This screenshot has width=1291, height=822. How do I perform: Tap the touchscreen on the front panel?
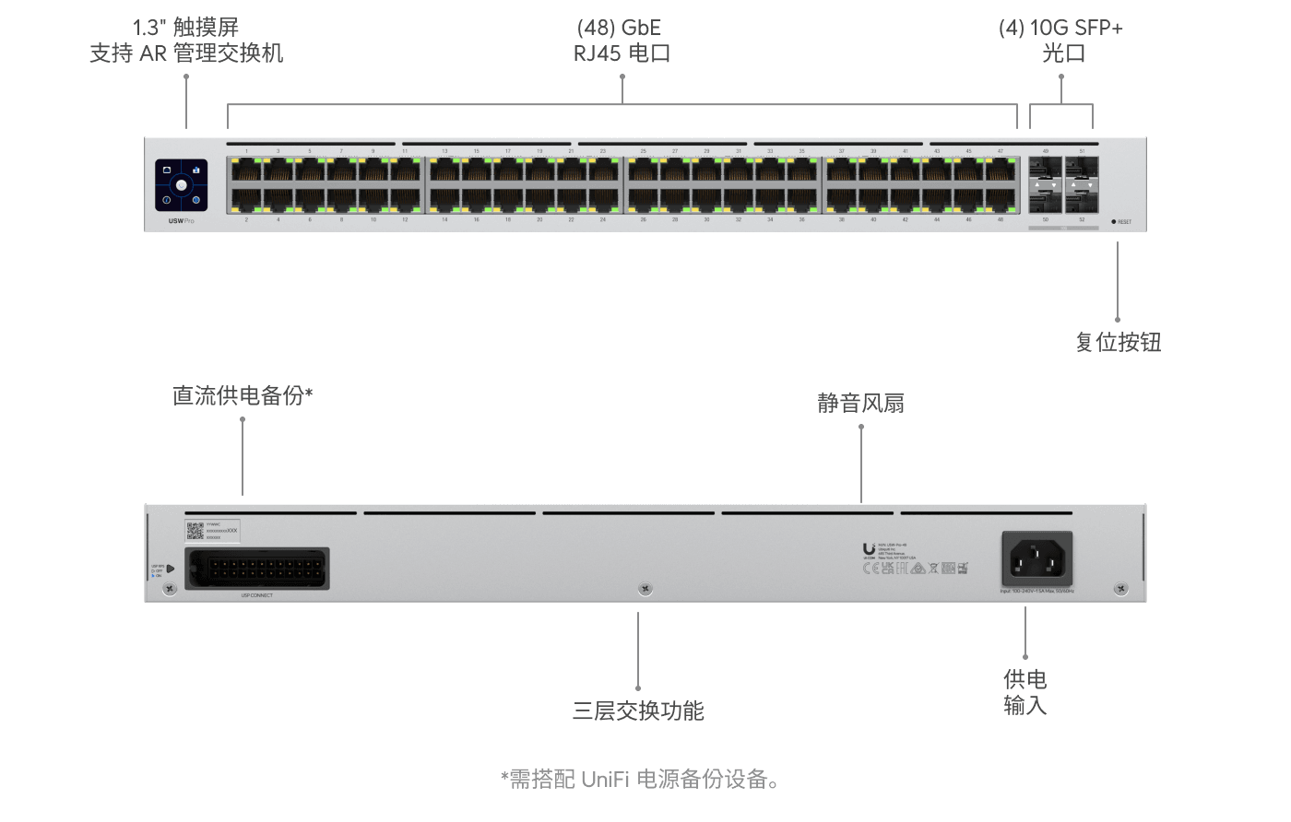coord(181,185)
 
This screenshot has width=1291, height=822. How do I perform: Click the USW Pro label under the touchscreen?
coord(181,221)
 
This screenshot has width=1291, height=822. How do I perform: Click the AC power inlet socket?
coord(1037,558)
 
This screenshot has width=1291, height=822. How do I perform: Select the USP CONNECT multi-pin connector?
coord(257,569)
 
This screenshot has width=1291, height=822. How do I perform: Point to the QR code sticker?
coord(195,531)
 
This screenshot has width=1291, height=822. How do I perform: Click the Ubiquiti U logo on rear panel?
coord(869,549)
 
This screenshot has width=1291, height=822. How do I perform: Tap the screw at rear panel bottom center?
coord(645,588)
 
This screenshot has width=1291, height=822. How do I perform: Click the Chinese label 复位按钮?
coord(1118,343)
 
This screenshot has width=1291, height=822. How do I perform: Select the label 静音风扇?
coord(860,403)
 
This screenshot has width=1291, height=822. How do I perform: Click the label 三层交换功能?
coord(638,710)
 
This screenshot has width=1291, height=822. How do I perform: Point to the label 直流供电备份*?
coord(243,395)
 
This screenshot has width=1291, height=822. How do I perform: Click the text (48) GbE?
coord(619,28)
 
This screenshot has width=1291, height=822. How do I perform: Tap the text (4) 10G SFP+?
coord(1060,28)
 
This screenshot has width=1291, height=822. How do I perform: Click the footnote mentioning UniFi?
coord(640,780)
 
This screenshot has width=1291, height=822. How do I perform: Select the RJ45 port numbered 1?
coord(246,170)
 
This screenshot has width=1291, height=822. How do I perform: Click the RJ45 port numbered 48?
coord(1001,199)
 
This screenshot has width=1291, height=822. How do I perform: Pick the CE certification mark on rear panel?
coord(871,569)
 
